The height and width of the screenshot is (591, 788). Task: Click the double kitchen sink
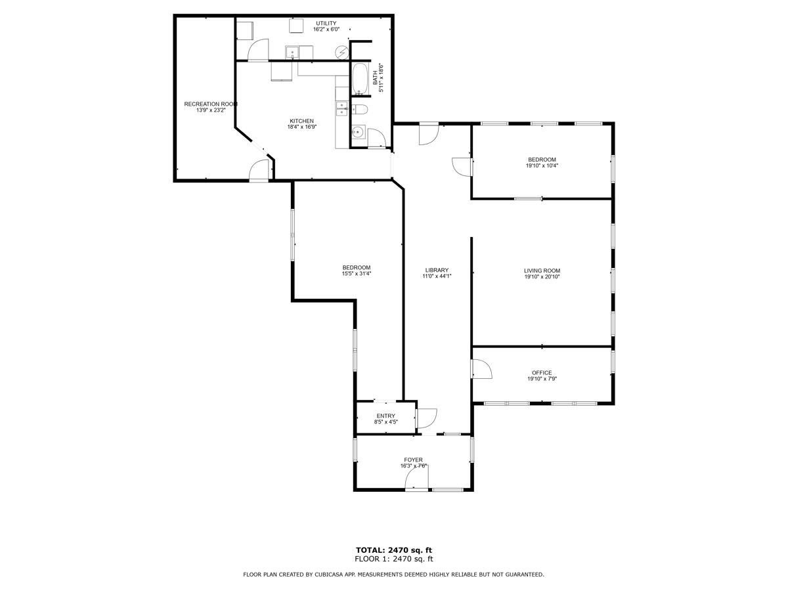[x=342, y=108]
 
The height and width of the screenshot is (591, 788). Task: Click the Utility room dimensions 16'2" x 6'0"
[x=326, y=30]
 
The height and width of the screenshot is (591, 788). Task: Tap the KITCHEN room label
[x=302, y=121]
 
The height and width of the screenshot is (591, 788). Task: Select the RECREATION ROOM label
[x=210, y=104]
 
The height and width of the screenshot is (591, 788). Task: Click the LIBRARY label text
[x=437, y=270]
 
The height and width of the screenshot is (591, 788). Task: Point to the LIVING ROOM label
[x=542, y=271]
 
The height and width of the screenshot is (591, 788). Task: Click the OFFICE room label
[x=542, y=372]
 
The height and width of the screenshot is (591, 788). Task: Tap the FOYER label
[x=414, y=460]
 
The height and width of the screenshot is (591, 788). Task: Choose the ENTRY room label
[x=386, y=416]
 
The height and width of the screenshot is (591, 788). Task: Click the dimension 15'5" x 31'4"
[x=357, y=274]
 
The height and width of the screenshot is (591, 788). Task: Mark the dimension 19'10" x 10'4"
[x=542, y=165]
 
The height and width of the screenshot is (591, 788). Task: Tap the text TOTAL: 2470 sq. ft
[x=394, y=550]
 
